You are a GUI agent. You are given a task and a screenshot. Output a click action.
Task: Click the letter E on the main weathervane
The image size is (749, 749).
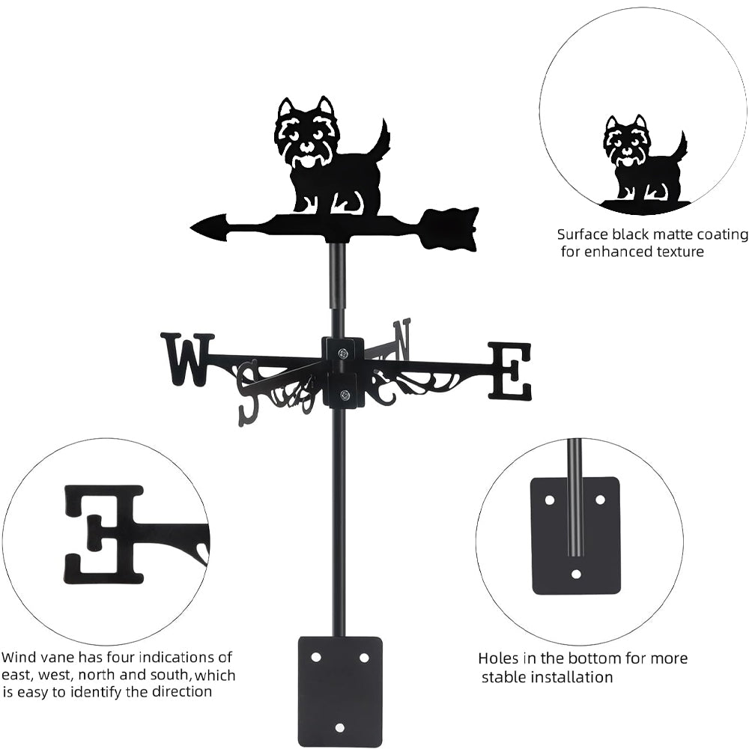coord(510,371)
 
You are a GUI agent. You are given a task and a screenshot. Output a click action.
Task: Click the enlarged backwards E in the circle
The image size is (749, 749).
coord(104,534)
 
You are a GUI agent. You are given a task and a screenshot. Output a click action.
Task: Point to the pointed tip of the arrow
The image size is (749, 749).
coord(199,225)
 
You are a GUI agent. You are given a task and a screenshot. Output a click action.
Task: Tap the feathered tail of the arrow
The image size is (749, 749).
coord(450,228)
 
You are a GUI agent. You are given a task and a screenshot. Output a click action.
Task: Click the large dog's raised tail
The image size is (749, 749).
coord(383,142)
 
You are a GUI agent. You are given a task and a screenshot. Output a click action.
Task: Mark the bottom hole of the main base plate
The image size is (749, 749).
coord(340,727)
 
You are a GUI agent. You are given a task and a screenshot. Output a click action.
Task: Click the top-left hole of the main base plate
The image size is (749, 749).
coord(316,657)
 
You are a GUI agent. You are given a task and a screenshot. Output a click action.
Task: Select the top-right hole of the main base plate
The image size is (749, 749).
coord(364,657)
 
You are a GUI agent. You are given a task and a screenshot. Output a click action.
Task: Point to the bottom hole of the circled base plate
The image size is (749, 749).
coord(575,574)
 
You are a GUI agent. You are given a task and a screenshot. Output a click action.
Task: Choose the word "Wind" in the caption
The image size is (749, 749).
coord(17,658)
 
